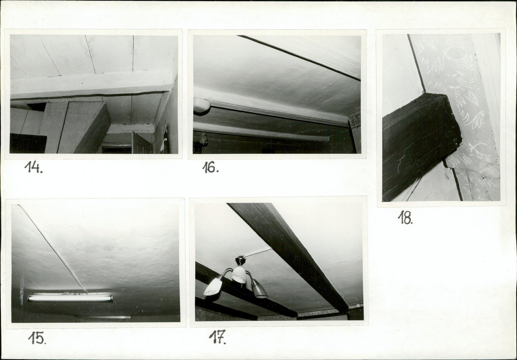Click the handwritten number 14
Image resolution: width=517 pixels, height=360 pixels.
point(33,167)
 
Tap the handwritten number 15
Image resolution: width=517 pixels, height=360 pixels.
point(37,338)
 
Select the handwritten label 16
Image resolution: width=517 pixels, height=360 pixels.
point(210,167)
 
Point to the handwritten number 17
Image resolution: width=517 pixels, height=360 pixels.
point(217,337)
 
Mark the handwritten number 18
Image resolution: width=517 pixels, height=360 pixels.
point(405,218)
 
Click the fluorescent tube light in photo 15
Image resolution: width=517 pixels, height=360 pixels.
point(70,297)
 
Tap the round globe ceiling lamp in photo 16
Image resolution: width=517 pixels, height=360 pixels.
point(202,105)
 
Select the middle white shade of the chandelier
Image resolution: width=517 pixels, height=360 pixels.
point(239,274)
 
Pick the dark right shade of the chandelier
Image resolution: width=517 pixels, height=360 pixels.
point(260,289)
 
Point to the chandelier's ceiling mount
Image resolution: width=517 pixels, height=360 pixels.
point(240,260)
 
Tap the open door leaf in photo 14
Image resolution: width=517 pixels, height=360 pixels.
point(141,143)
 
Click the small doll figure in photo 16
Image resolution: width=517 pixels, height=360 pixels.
point(204,138)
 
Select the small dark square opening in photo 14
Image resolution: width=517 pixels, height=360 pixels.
point(36,106)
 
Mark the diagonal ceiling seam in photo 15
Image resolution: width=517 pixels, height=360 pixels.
point(52,248)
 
